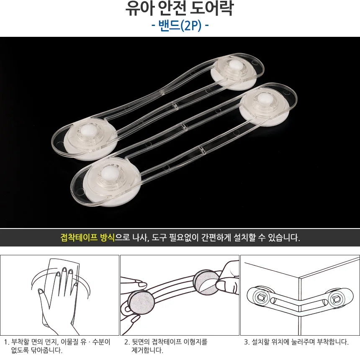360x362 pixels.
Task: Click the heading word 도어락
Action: tap(212, 8)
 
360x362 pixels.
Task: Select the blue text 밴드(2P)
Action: tap(180, 25)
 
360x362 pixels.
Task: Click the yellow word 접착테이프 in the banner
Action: tap(79, 237)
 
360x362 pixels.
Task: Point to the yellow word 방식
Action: tap(108, 237)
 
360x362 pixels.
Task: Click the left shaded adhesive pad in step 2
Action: tap(141, 303)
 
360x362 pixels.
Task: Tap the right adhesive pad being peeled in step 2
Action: tap(206, 282)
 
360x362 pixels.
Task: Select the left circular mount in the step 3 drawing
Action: tap(261, 298)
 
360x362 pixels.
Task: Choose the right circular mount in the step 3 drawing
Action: tap(336, 300)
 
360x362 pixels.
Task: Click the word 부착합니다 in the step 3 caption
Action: tap(333, 341)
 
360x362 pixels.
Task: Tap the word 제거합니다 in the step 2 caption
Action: tap(147, 350)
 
